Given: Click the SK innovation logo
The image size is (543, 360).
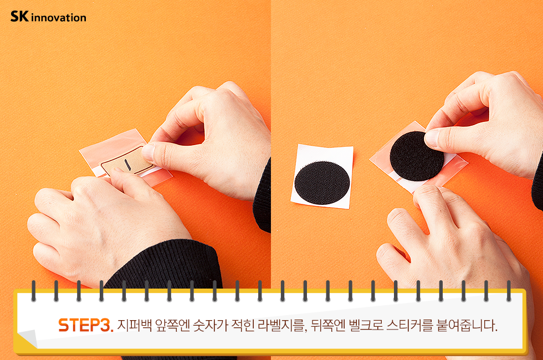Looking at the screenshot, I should click(x=48, y=17).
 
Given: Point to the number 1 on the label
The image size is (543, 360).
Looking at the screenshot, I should click(x=127, y=164).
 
